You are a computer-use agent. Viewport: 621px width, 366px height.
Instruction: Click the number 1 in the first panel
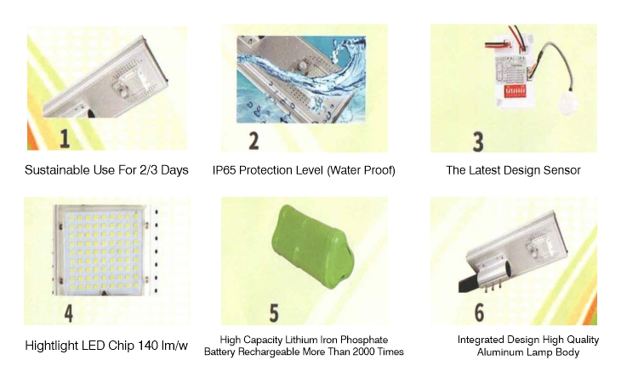[65, 139]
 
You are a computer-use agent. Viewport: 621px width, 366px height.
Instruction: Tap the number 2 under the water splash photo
[254, 140]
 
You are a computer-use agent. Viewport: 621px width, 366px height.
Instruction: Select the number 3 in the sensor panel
[478, 142]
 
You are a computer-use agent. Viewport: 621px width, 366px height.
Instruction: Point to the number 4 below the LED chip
[69, 313]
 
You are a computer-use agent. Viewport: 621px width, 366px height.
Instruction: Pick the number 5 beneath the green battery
[274, 313]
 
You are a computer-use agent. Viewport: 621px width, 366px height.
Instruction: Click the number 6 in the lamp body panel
[479, 312]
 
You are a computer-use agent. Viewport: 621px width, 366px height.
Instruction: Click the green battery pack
[313, 246]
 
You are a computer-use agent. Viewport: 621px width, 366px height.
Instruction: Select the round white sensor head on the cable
[567, 103]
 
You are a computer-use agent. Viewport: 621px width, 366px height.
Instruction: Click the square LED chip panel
[104, 250]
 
